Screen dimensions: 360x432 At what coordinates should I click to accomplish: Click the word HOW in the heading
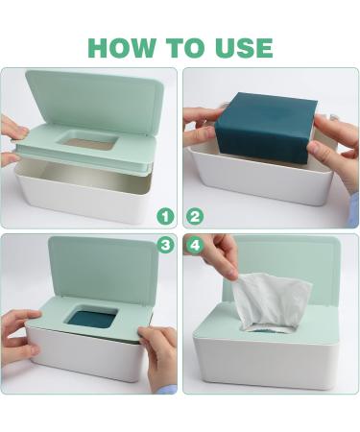(x=122, y=48)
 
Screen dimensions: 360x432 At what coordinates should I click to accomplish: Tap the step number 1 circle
(x=165, y=217)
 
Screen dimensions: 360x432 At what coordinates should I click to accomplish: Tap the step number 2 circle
(x=195, y=217)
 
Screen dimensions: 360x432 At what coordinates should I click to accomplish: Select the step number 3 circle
(x=165, y=245)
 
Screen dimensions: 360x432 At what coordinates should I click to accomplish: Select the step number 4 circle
(x=195, y=245)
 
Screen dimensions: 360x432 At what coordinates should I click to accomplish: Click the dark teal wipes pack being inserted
(x=266, y=127)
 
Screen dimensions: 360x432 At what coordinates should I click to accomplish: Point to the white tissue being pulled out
(x=271, y=300)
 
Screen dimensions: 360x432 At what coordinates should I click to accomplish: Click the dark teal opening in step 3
(x=92, y=317)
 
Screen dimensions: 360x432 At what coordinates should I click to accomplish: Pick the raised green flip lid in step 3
(x=103, y=269)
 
